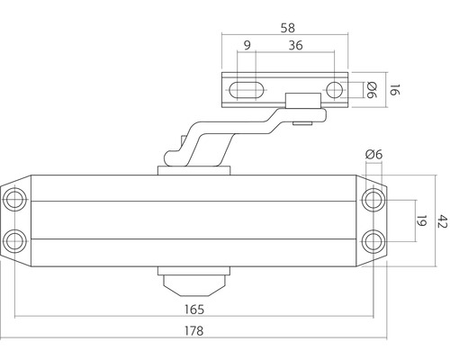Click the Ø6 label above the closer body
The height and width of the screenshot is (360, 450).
pyautogui.click(x=373, y=155)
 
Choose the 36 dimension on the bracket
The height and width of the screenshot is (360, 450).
pyautogui.click(x=293, y=46)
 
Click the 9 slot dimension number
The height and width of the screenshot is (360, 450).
pyautogui.click(x=247, y=46)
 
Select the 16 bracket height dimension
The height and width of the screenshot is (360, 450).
pyautogui.click(x=391, y=89)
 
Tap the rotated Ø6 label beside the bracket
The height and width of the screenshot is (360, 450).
pyautogui.click(x=370, y=89)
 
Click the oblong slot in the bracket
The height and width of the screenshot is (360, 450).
pyautogui.click(x=247, y=89)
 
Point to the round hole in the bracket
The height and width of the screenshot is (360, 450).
pyautogui.click(x=335, y=89)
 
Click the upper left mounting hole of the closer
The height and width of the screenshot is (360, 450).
pyautogui.click(x=15, y=199)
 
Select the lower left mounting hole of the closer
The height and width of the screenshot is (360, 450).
pyautogui.click(x=15, y=239)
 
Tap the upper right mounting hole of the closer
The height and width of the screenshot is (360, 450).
pyautogui.click(x=373, y=199)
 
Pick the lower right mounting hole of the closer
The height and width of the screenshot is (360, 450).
pyautogui.click(x=373, y=239)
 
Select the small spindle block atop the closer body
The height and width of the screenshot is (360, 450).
pyautogui.click(x=194, y=167)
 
